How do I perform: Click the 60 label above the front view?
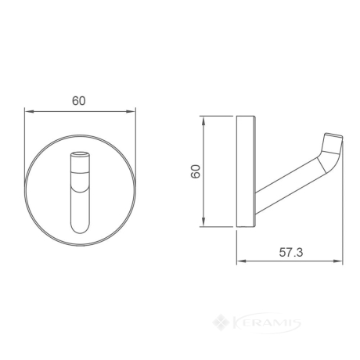[x=79, y=101]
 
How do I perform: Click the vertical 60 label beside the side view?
[x=196, y=171]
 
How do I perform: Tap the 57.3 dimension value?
[x=291, y=252]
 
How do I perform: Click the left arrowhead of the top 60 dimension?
[x=29, y=112]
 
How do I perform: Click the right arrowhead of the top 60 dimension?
[x=131, y=112]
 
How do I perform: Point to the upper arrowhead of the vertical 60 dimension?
[x=203, y=121]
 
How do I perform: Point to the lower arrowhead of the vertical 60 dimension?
[x=203, y=222]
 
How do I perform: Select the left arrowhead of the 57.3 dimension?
[x=241, y=261]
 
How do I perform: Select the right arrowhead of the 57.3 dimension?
[x=338, y=261]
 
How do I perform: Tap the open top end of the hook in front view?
[x=80, y=154]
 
